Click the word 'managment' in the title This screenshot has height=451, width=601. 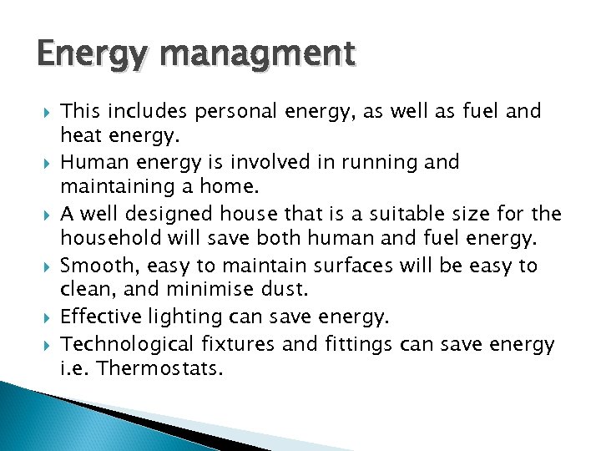tap(260, 56)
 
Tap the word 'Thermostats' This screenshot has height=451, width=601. tap(160, 369)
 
